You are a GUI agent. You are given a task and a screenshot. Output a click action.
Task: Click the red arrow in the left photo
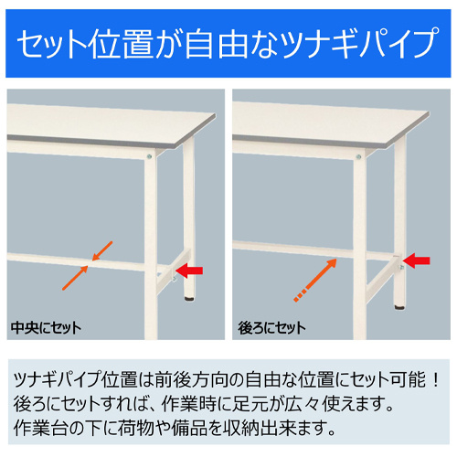tap(192, 270)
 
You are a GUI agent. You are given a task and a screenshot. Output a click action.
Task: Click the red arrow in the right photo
tap(418, 262)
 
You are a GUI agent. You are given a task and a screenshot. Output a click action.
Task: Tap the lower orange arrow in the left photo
tap(74, 276)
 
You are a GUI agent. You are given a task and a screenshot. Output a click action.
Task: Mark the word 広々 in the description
tap(322, 402)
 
